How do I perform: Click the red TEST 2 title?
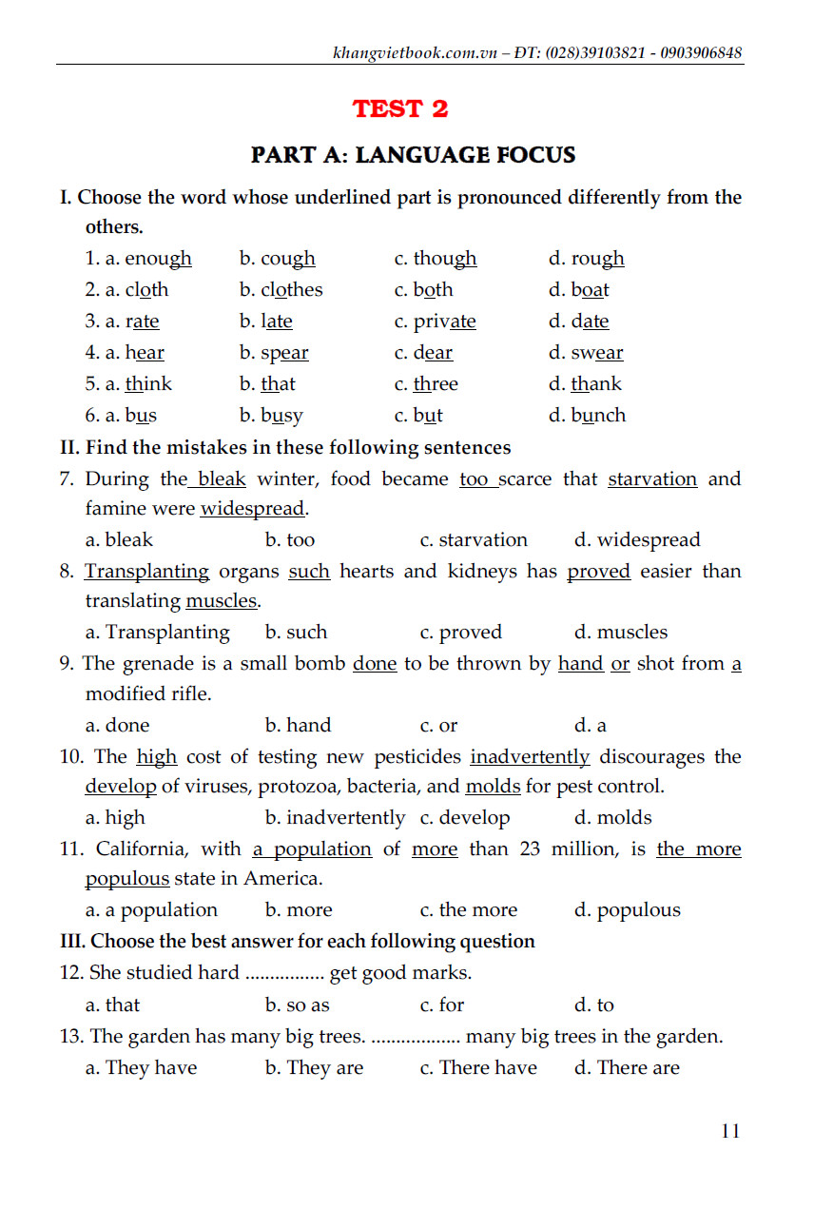click(399, 108)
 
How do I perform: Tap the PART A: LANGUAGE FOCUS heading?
click(413, 154)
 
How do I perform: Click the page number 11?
click(730, 1131)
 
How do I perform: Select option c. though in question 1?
click(436, 259)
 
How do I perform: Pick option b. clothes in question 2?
click(281, 290)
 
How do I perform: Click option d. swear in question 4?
click(586, 353)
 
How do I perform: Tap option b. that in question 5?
click(267, 384)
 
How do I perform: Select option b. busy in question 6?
click(271, 416)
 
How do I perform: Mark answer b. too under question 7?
click(290, 540)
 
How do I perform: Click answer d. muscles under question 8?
click(620, 633)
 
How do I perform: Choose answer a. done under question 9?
click(117, 726)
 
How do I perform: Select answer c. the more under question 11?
click(469, 910)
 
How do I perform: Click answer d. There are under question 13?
click(627, 1068)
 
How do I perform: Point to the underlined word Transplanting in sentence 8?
click(147, 572)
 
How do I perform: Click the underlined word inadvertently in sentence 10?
click(530, 757)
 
